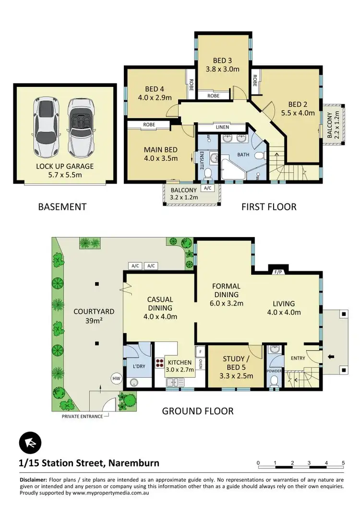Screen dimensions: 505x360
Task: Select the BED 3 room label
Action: tap(222, 65)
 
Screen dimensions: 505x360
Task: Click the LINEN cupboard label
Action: tap(222, 127)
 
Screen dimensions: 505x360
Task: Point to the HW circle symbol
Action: tap(116, 378)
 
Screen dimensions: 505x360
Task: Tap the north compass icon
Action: tap(30, 443)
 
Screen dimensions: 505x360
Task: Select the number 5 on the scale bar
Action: tap(343, 463)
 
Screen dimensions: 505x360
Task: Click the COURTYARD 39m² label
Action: tap(87, 315)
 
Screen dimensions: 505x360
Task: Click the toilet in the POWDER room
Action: tap(275, 381)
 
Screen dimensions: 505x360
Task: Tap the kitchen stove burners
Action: tap(160, 363)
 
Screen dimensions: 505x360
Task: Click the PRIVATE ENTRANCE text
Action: tap(82, 416)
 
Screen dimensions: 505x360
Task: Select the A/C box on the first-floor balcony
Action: tap(207, 188)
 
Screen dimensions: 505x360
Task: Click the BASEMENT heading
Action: tap(62, 207)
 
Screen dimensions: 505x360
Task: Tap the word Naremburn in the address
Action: tap(134, 463)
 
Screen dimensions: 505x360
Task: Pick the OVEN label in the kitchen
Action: tap(200, 367)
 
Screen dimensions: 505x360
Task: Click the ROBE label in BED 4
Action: tap(191, 84)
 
